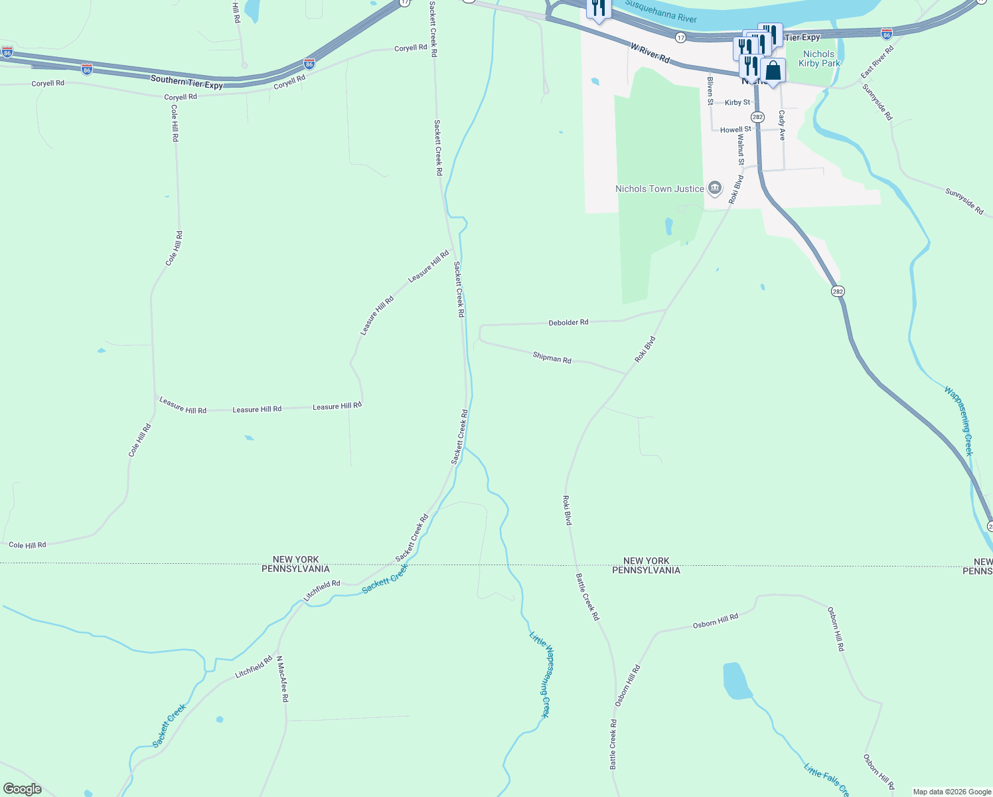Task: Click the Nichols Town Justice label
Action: (659, 189)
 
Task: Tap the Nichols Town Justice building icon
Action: (715, 189)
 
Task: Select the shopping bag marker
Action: (773, 70)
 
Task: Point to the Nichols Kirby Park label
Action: (819, 58)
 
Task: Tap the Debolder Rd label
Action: (568, 323)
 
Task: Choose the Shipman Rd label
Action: (552, 358)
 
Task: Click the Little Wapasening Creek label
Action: (540, 674)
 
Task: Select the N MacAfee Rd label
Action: (282, 679)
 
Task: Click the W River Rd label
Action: (650, 52)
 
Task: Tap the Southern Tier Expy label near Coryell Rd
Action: (187, 82)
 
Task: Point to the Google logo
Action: (22, 789)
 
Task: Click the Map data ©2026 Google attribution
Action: (951, 792)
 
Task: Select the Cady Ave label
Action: (782, 125)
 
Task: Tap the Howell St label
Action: (735, 130)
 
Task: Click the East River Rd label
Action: (878, 61)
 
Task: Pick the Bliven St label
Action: (710, 91)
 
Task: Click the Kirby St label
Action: (737, 103)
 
